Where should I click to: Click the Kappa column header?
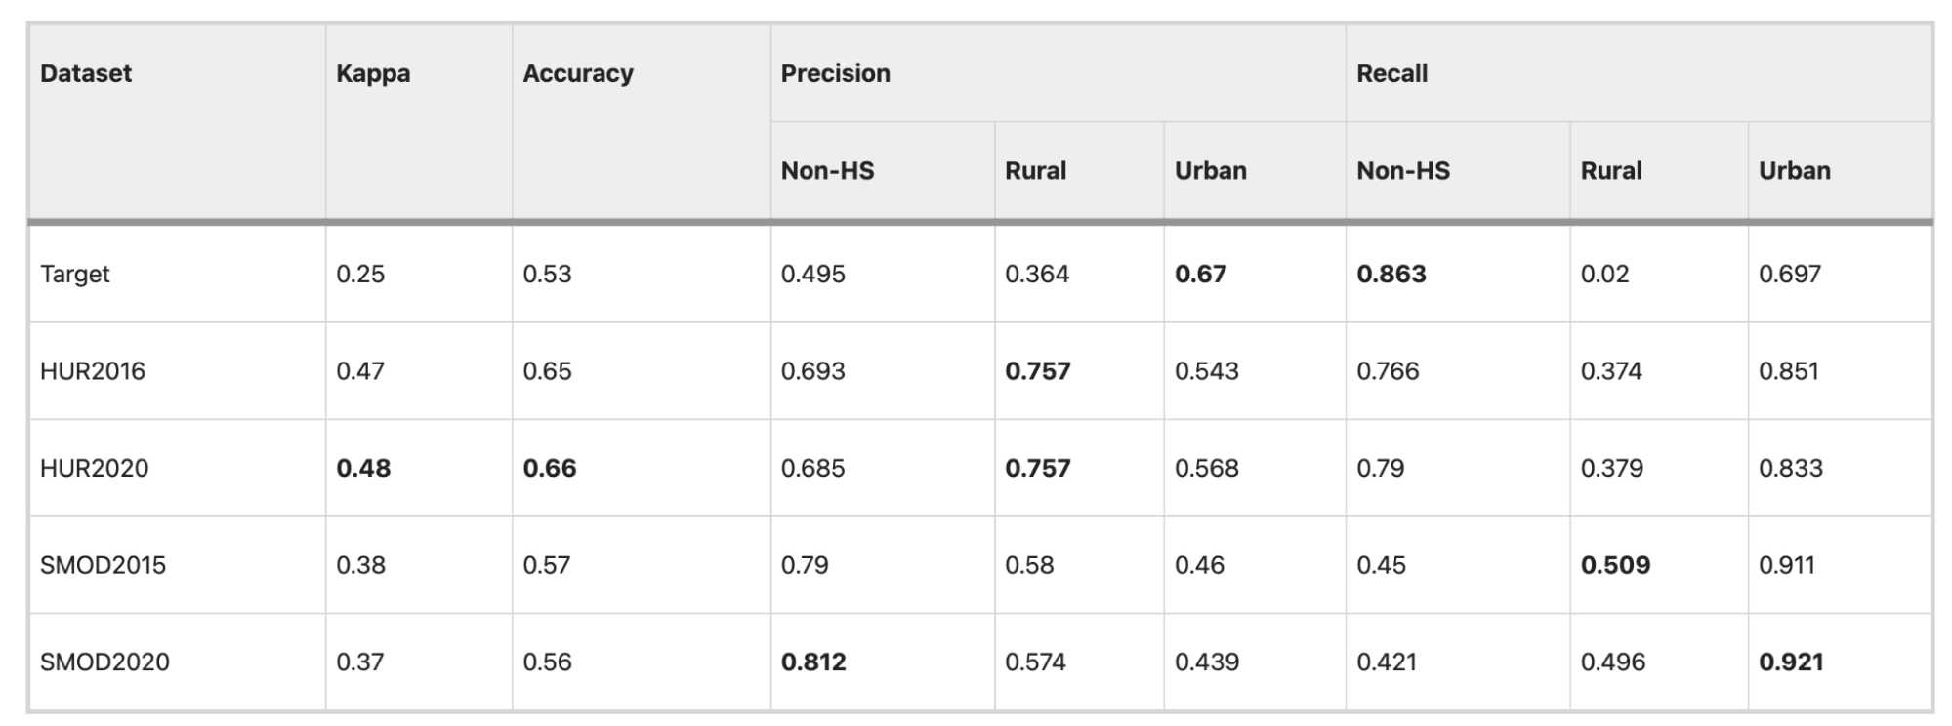pos(373,73)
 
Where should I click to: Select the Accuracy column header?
pos(578,73)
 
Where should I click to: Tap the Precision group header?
pos(836,73)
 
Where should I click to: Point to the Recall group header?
pos(1392,73)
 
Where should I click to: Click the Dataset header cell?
pos(86,73)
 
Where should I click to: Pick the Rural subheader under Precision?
pos(1036,171)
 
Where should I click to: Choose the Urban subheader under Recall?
pos(1795,171)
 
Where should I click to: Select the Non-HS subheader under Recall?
pos(1403,171)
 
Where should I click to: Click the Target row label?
pos(75,275)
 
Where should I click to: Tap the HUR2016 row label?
pos(93,371)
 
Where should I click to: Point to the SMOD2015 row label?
pos(104,565)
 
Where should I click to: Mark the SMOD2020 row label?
pos(105,662)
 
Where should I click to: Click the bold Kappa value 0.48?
pos(363,469)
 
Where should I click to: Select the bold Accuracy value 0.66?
pos(550,469)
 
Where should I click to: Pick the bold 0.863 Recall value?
pos(1391,275)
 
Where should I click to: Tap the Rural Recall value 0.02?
pos(1605,275)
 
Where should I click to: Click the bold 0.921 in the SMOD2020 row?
pos(1791,662)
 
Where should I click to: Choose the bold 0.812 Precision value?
pos(813,662)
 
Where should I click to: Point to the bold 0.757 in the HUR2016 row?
pos(1038,371)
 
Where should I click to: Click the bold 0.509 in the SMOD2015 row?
pos(1616,565)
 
